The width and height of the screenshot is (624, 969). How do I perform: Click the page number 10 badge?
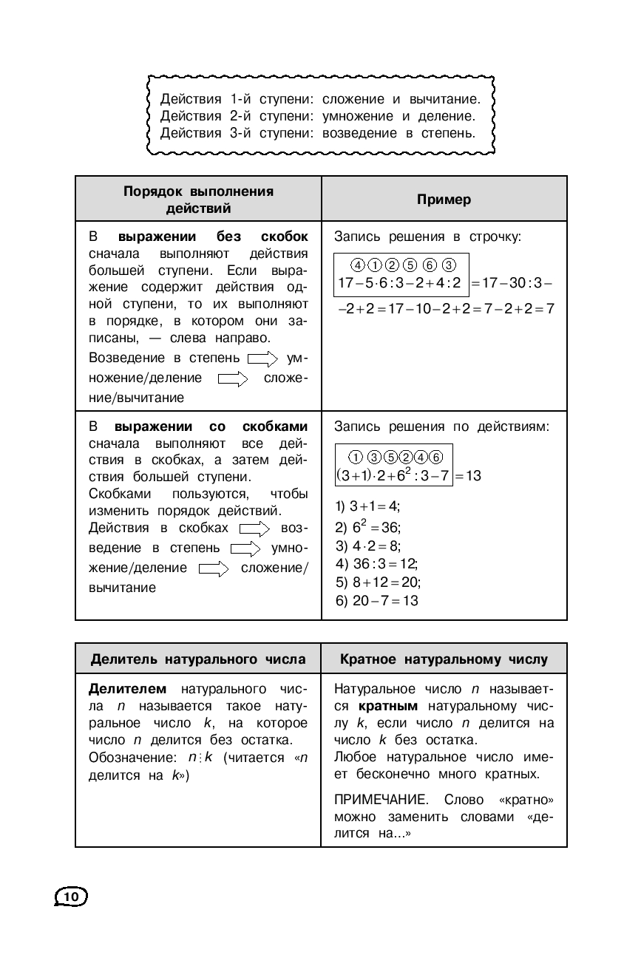click(72, 896)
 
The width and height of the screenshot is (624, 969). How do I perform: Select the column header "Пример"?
click(444, 200)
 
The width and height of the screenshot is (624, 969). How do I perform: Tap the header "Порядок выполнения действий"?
click(198, 200)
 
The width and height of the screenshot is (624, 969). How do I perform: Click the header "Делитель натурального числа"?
click(198, 659)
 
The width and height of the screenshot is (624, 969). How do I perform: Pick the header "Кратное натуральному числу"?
click(444, 659)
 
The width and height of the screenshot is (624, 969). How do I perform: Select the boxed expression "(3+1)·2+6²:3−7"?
click(393, 475)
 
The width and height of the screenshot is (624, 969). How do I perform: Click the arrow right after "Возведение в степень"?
click(262, 359)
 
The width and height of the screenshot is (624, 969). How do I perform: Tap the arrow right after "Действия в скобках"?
click(256, 529)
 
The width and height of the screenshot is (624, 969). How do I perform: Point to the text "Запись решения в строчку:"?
click(428, 237)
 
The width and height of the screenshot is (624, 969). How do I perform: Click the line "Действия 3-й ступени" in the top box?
click(316, 133)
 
